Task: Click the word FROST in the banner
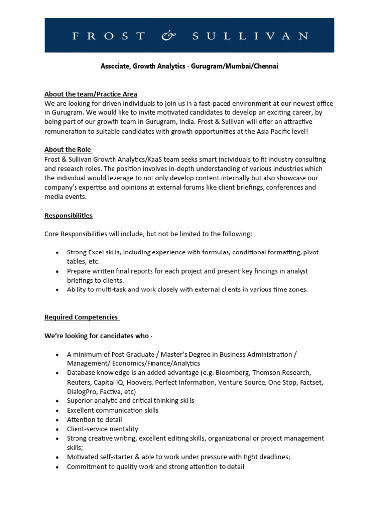pyautogui.click(x=109, y=36)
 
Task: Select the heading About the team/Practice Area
pyautogui.click(x=91, y=94)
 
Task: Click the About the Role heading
pyautogui.click(x=68, y=150)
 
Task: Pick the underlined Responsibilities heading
pyautogui.click(x=69, y=216)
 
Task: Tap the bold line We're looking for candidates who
pyautogui.click(x=99, y=336)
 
